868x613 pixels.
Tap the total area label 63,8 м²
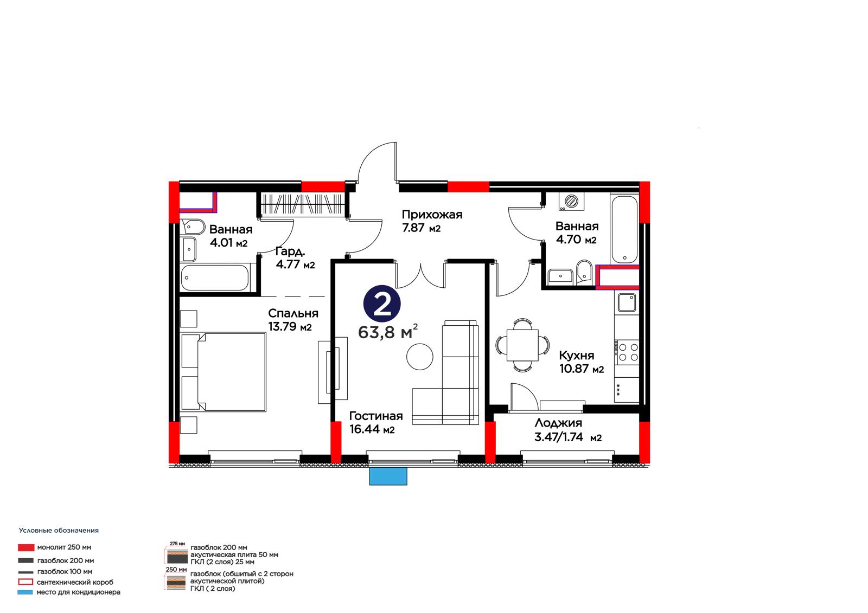[388, 332]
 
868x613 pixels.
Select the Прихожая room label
[432, 214]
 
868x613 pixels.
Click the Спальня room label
[293, 313]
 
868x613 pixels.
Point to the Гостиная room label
[376, 416]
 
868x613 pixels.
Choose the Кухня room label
[576, 355]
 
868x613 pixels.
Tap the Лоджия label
[558, 423]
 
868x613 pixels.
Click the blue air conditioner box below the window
[388, 476]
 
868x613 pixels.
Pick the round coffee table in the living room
[420, 356]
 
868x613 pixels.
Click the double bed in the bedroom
[223, 371]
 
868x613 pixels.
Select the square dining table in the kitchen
[522, 345]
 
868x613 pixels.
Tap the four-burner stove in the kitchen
[628, 352]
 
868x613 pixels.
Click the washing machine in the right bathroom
[571, 202]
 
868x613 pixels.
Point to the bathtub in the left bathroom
[215, 278]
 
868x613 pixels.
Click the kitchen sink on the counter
[626, 302]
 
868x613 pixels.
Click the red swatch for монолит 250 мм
[26, 547]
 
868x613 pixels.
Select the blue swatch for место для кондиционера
[25, 592]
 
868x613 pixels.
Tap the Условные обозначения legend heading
[59, 530]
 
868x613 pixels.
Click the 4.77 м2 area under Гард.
[295, 264]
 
